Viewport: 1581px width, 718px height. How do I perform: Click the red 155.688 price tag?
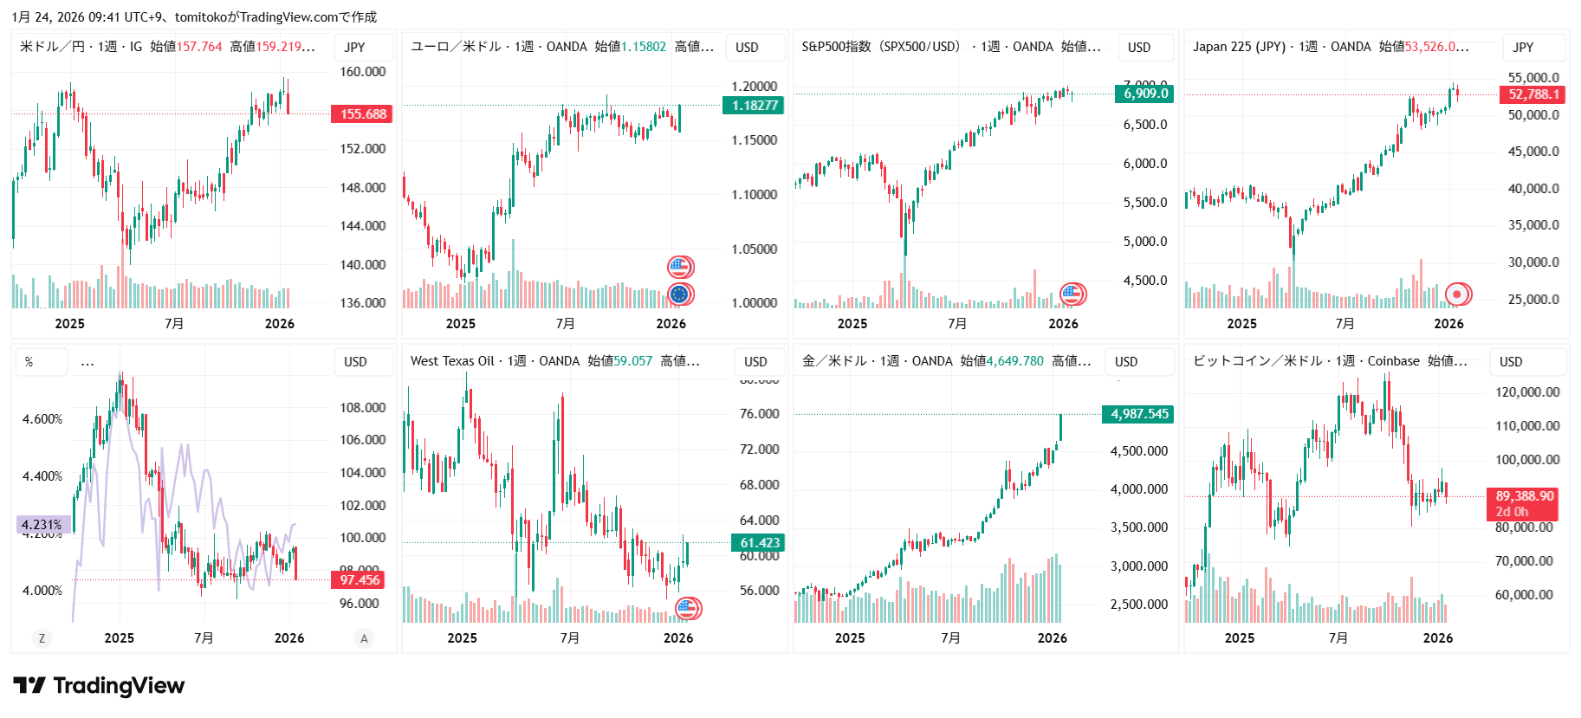(x=362, y=114)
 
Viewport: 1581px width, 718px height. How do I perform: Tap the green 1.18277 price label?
(x=754, y=106)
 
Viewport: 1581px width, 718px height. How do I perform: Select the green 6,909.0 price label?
(x=1145, y=94)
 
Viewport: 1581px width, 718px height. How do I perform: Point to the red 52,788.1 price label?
(x=1532, y=94)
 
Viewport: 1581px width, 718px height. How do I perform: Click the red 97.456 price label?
(x=360, y=580)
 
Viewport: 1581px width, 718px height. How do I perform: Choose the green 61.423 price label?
(x=759, y=543)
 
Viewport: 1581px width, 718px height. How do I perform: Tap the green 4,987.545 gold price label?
(x=1139, y=414)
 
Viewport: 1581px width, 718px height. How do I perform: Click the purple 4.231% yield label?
(x=42, y=525)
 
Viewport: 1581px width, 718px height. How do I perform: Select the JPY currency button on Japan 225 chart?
(x=1523, y=48)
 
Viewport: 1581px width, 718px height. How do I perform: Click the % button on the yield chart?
(x=29, y=362)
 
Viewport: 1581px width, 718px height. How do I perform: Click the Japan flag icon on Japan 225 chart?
(x=1457, y=294)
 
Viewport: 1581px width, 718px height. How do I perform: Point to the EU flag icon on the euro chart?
(x=680, y=294)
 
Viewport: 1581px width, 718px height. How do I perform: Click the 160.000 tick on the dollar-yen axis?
(x=362, y=72)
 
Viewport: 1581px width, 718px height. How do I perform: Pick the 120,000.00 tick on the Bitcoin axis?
(x=1526, y=392)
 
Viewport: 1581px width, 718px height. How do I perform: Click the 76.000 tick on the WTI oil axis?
(x=759, y=414)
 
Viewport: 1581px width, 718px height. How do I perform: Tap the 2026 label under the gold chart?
(x=1052, y=638)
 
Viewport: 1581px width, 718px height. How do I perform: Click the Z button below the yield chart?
(x=42, y=638)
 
